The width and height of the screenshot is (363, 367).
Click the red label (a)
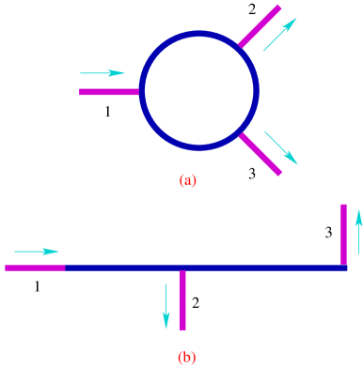[188, 180]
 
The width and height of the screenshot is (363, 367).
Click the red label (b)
[187, 357]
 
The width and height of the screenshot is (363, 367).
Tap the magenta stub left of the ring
[109, 92]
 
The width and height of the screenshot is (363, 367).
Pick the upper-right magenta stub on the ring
[260, 26]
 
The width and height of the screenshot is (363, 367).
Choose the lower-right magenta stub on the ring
[260, 154]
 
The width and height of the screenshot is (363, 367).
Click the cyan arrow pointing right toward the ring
[102, 72]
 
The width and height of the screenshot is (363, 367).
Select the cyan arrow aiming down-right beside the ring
[280, 147]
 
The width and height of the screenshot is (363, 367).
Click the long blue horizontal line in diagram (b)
[122, 268]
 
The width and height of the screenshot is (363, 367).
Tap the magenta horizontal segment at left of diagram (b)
[35, 268]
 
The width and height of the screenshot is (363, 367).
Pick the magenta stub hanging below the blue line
[182, 301]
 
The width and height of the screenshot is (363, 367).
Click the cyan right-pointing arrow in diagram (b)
[37, 251]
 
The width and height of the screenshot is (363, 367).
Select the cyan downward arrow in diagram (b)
[166, 306]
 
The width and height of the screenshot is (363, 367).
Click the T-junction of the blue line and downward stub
[182, 268]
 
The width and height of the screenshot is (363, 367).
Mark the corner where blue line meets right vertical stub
[343, 268]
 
